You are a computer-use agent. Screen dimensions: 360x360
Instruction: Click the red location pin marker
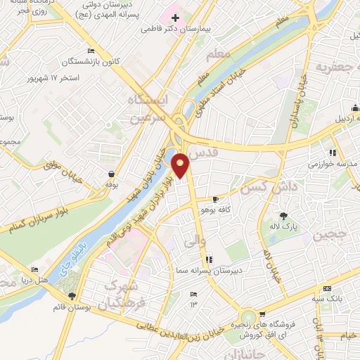[x=181, y=165]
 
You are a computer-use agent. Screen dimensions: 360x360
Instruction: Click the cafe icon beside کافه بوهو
[x=215, y=200]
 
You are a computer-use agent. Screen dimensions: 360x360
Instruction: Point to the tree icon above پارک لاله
[x=283, y=216]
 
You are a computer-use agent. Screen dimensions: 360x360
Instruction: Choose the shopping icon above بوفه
[x=111, y=174]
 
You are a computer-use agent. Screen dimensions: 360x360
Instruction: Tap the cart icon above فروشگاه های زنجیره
[x=262, y=314]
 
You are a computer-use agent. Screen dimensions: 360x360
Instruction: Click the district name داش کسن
[x=263, y=188]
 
